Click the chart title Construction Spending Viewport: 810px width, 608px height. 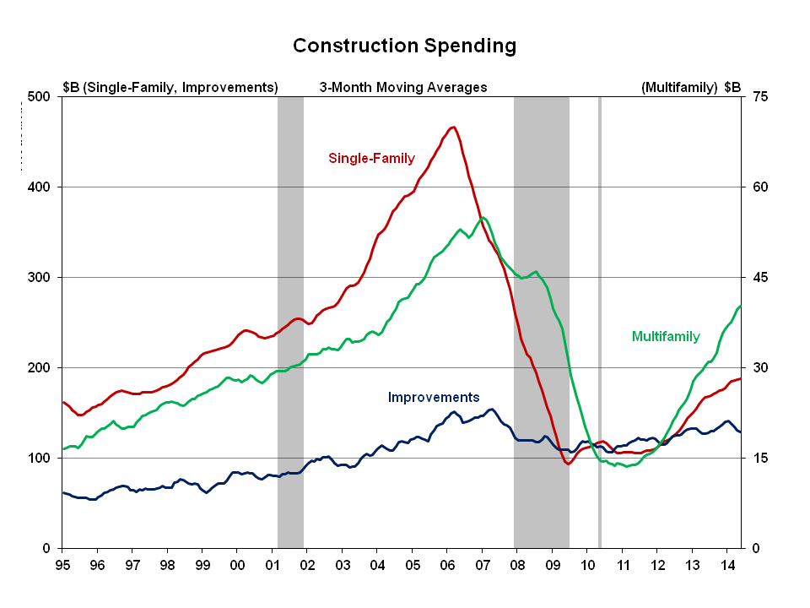[404, 46]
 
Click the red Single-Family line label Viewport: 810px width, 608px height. [372, 158]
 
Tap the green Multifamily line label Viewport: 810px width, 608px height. [666, 336]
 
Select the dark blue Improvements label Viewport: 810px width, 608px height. [434, 397]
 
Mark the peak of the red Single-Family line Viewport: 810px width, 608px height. [453, 128]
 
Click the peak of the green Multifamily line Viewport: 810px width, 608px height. [482, 218]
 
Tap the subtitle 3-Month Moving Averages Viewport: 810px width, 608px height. [403, 87]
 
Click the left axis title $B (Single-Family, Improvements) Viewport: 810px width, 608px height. [170, 87]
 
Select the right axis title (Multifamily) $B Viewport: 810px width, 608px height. [690, 87]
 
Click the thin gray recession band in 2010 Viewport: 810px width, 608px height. [599, 321]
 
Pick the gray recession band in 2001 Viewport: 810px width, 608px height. [290, 321]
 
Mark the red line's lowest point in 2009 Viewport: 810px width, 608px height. [569, 464]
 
